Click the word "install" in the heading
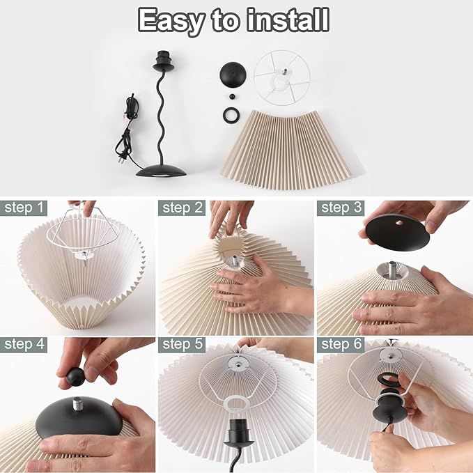(x=288, y=20)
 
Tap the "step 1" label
(x=24, y=208)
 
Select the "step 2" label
(x=182, y=208)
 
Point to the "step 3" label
(x=341, y=208)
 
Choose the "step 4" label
(x=24, y=345)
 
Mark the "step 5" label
(x=182, y=345)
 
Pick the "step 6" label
(x=341, y=345)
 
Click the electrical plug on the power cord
(x=121, y=160)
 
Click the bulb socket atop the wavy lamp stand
(x=163, y=61)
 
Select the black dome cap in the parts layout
(x=233, y=75)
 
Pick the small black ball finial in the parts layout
(x=232, y=97)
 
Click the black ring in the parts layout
(x=231, y=115)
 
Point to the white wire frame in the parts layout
(x=282, y=77)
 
